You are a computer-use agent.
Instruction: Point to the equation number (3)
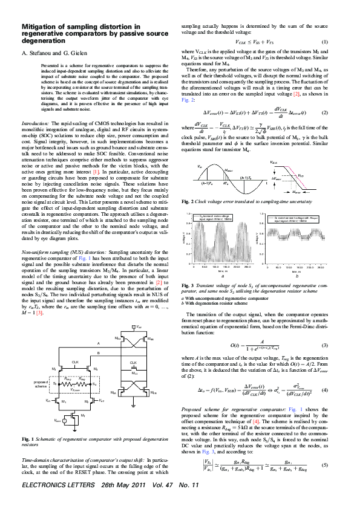coord(341,345)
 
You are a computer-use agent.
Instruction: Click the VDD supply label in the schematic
coord(139,326)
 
